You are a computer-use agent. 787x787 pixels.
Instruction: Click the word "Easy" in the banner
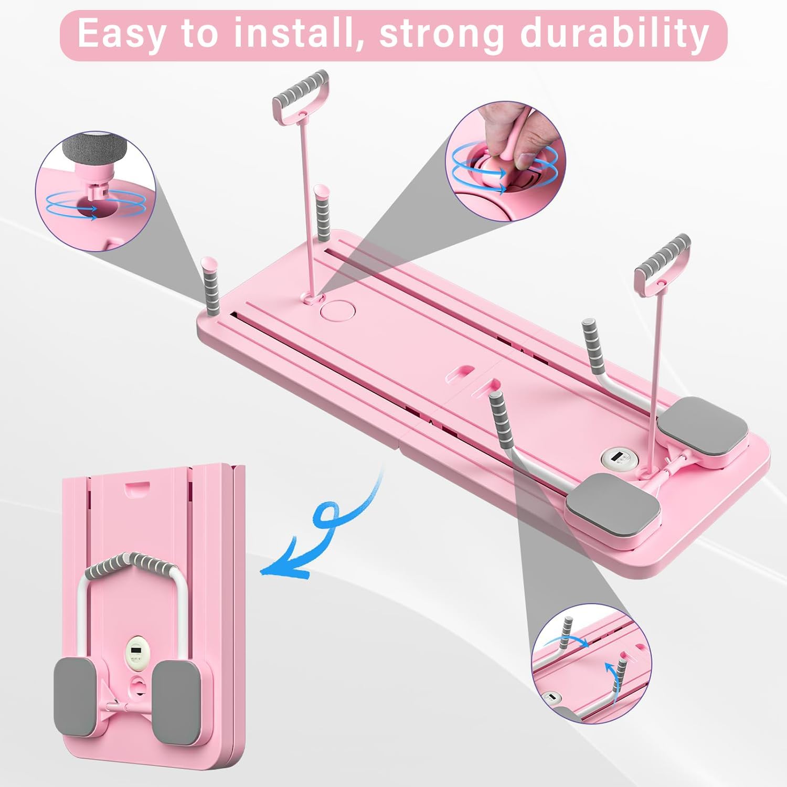coord(120,34)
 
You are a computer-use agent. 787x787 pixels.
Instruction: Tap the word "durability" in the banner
coord(614,34)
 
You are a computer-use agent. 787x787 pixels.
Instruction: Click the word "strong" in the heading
coord(441,34)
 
